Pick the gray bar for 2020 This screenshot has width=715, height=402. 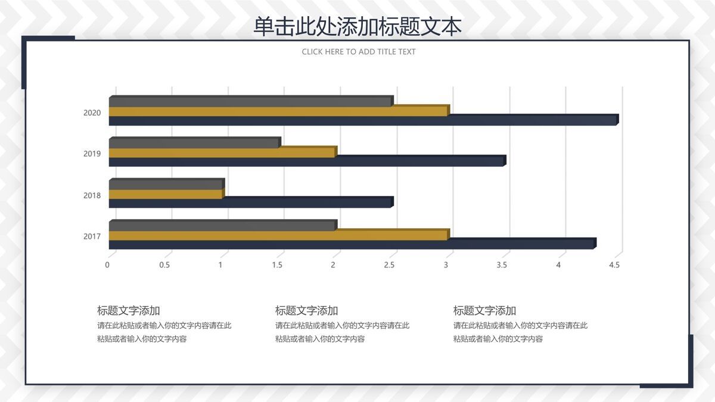pyautogui.click(x=250, y=102)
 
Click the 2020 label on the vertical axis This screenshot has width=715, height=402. pyautogui.click(x=92, y=113)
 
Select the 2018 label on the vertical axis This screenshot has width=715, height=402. pyautogui.click(x=92, y=195)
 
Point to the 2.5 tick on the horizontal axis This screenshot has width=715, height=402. pyautogui.click(x=389, y=265)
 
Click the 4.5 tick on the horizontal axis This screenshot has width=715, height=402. pyautogui.click(x=614, y=265)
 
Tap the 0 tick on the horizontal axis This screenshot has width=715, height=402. pyautogui.click(x=107, y=265)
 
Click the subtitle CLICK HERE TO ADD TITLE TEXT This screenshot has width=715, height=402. pyautogui.click(x=359, y=52)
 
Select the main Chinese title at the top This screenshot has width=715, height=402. pyautogui.click(x=357, y=27)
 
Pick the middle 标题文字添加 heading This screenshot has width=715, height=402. pyautogui.click(x=306, y=310)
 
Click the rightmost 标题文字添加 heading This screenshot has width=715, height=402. pyautogui.click(x=484, y=310)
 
